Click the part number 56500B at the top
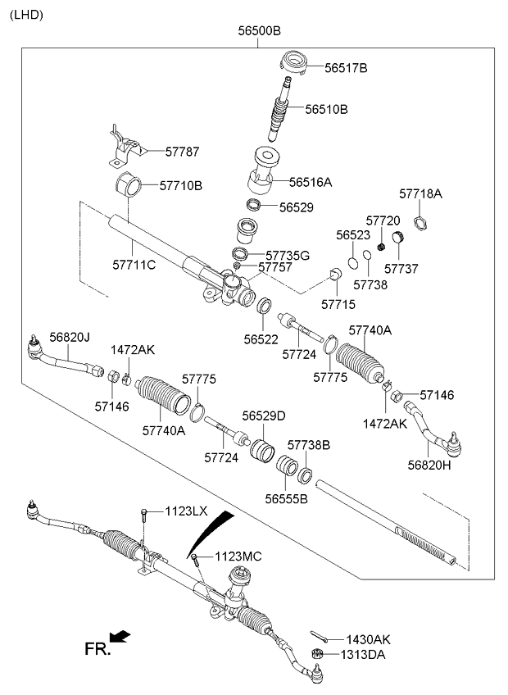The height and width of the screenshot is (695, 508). (x=259, y=31)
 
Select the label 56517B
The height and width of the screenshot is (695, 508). (x=346, y=68)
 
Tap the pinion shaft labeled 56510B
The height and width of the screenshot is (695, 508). (x=279, y=108)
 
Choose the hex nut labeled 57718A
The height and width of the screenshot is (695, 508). (x=420, y=222)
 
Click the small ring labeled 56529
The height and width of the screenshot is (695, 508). (x=254, y=205)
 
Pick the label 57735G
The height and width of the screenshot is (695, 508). (x=288, y=256)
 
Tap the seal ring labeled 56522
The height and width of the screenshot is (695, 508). (x=264, y=306)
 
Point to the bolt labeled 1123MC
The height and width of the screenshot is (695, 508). (x=196, y=561)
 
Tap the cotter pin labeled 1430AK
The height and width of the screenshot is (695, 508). (x=320, y=636)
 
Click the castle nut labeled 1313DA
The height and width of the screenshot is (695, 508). (x=317, y=653)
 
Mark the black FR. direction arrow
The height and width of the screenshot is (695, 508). (x=120, y=637)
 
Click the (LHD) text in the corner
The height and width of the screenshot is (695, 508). (x=26, y=15)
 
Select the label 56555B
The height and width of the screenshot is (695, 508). (x=286, y=499)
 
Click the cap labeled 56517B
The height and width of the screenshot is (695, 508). (x=294, y=63)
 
